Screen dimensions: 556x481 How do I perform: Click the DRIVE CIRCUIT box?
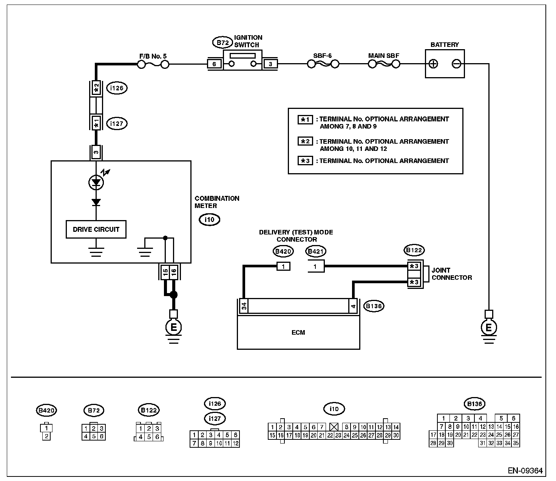point(96,229)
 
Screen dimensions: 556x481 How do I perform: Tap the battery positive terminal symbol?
point(433,64)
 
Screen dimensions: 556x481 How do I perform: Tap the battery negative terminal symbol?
point(457,64)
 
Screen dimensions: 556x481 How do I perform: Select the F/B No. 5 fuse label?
point(153,56)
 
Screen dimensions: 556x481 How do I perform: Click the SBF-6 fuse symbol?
point(323,64)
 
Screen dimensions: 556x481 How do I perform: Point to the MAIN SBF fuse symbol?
point(384,64)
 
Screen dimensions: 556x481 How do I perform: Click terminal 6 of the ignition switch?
point(215,64)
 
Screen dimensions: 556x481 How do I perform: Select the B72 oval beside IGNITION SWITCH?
point(223,43)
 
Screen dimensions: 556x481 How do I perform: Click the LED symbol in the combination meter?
point(96,183)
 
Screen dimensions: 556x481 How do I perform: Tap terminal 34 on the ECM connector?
point(244,306)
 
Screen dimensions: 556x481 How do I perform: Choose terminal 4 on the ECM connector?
point(353,306)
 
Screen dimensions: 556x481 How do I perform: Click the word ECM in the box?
point(298,332)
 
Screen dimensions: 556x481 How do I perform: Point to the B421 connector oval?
point(315,251)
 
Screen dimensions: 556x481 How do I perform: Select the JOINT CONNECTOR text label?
point(452,274)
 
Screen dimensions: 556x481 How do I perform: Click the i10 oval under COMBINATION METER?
point(209,219)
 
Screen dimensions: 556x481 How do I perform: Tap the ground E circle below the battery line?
point(488,327)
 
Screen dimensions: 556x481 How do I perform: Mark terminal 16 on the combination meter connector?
point(174,272)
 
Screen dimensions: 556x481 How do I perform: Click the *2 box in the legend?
point(305,141)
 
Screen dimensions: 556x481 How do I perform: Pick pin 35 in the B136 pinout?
point(516,443)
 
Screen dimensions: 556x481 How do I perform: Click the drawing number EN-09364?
point(525,470)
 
